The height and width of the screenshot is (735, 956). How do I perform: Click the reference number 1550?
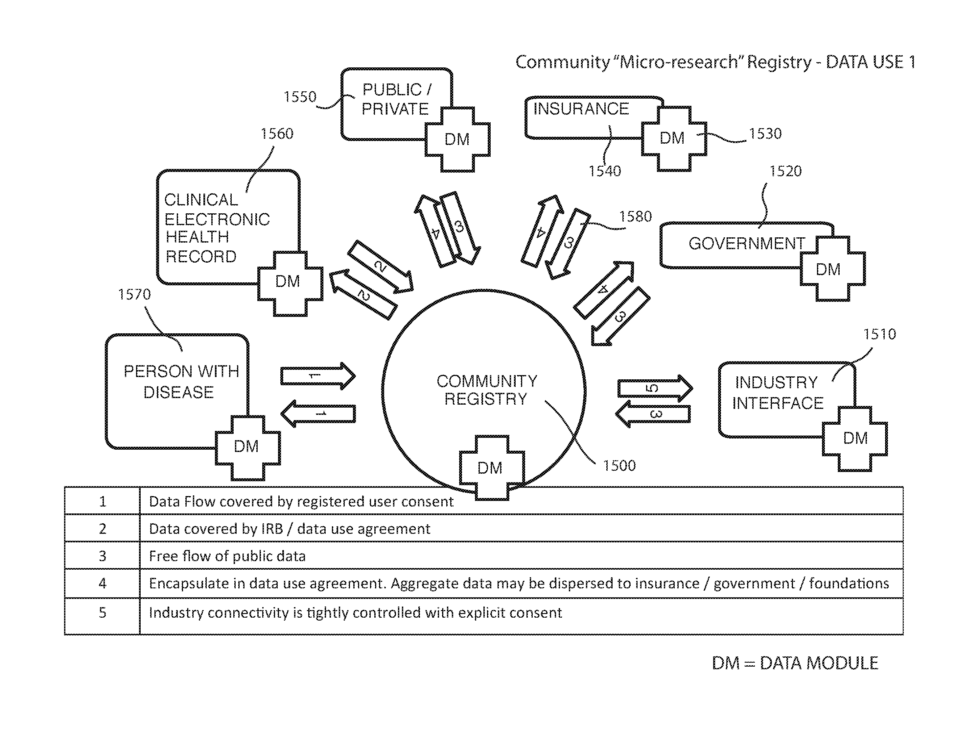[300, 97]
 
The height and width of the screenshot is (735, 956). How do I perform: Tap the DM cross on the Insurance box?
[673, 138]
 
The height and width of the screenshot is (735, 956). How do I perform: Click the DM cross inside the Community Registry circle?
[491, 468]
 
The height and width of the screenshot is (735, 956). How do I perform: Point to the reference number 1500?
[619, 465]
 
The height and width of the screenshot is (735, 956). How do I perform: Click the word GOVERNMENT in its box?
[746, 243]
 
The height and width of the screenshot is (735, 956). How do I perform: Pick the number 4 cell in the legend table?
[102, 583]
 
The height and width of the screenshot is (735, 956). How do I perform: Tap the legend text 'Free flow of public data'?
[227, 556]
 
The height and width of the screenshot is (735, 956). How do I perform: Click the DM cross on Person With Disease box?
[247, 447]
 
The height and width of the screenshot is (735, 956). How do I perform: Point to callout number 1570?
[134, 295]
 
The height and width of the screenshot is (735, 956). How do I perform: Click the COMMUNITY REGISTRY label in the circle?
[486, 390]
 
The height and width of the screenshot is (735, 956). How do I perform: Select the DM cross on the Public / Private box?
[457, 139]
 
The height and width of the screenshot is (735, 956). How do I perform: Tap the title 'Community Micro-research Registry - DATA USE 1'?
[715, 62]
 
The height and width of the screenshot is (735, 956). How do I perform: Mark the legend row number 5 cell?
[102, 612]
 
